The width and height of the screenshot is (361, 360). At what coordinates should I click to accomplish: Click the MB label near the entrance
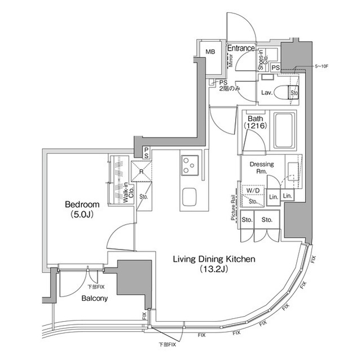(x=210, y=52)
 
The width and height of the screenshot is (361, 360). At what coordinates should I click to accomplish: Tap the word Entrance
(x=241, y=48)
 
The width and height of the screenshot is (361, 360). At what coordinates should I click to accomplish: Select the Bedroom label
(x=82, y=205)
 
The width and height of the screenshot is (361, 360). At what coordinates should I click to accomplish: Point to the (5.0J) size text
(x=82, y=215)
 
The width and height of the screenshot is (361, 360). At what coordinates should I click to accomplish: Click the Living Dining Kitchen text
(x=214, y=259)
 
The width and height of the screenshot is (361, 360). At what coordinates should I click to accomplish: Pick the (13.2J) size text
(x=214, y=269)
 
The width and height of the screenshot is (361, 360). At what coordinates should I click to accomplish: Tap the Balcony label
(x=94, y=298)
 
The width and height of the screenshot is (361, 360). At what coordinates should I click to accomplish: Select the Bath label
(x=255, y=119)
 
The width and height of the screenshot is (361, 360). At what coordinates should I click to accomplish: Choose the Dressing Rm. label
(x=262, y=167)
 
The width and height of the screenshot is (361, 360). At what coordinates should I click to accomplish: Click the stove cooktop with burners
(x=190, y=166)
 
